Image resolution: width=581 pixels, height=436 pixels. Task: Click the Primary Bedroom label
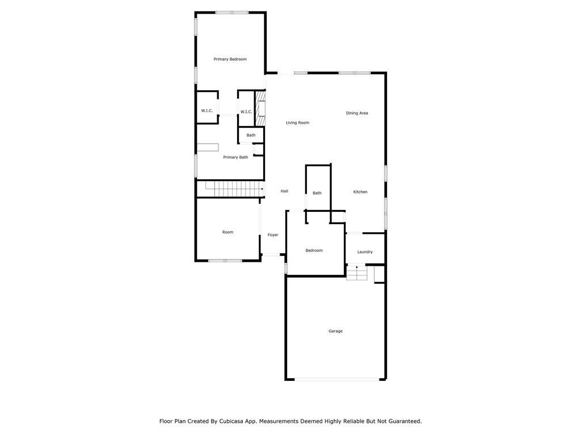point(230,59)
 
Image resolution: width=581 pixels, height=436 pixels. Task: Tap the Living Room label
point(297,123)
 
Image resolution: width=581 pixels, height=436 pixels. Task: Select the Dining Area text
point(357,113)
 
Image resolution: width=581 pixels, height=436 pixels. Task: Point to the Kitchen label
point(360,192)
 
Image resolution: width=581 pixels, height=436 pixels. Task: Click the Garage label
point(335,331)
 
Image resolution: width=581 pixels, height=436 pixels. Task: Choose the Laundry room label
point(365,251)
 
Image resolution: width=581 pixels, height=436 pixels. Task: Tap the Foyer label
point(273,234)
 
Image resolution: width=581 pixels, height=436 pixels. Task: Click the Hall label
point(284,191)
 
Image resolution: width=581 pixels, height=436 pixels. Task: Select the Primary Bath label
point(235,157)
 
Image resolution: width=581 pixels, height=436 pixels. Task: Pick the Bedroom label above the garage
point(314,250)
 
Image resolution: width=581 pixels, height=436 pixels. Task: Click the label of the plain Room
point(228,232)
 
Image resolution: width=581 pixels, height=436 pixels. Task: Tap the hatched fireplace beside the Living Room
point(260,108)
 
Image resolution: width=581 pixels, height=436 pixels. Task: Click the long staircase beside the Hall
point(230,189)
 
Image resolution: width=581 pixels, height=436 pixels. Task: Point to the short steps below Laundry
point(357,272)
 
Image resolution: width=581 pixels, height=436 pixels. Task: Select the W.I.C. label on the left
point(207,111)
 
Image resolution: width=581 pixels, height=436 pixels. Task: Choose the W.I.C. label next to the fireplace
point(246,112)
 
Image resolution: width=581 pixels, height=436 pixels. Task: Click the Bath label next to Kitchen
point(317,193)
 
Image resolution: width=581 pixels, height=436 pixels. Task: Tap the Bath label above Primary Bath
point(251,135)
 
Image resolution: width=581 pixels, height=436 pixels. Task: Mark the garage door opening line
point(337,379)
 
